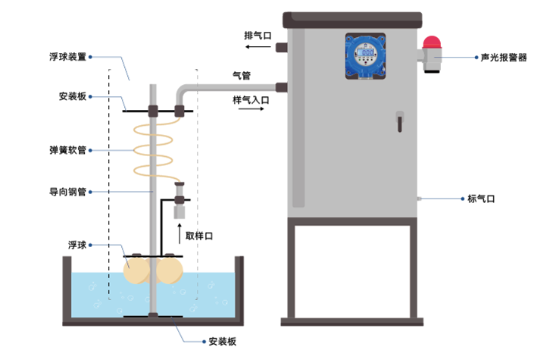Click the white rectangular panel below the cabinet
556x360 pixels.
click(352, 271)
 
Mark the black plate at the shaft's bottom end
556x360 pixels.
click(152, 314)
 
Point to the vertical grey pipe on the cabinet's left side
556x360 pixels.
click(298, 114)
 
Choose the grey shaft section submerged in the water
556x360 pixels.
click(152, 292)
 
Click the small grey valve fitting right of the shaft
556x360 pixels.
click(178, 212)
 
